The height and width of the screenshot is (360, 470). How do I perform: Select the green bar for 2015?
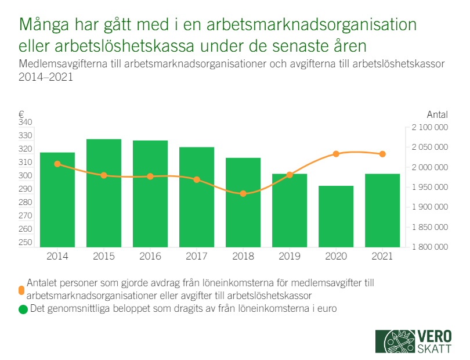(104, 193)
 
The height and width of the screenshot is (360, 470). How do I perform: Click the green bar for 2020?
(336, 217)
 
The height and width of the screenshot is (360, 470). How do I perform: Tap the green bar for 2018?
(243, 203)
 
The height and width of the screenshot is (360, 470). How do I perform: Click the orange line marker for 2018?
(243, 193)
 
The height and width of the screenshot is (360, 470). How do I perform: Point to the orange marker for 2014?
(57, 164)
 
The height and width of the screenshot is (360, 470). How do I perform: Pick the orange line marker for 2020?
(336, 154)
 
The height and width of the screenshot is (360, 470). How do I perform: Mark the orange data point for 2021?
(382, 154)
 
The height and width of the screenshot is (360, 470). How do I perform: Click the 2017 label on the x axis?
(197, 256)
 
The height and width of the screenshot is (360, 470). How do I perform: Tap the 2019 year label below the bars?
(290, 256)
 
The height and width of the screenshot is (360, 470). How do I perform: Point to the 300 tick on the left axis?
(25, 175)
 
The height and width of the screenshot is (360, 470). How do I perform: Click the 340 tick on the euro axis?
(25, 122)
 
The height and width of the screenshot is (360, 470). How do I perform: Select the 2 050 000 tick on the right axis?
(430, 147)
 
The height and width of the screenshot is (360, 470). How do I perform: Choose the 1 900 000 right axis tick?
(430, 207)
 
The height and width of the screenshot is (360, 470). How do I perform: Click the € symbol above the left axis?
(21, 114)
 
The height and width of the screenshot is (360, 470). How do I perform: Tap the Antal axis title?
(438, 114)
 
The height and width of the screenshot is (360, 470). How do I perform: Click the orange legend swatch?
(21, 290)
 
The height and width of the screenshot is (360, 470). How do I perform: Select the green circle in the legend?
(23, 309)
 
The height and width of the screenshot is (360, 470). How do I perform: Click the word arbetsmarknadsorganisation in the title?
(312, 25)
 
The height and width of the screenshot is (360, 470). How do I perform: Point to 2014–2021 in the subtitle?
(46, 77)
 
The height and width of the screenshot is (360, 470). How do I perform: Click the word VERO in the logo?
(435, 336)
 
